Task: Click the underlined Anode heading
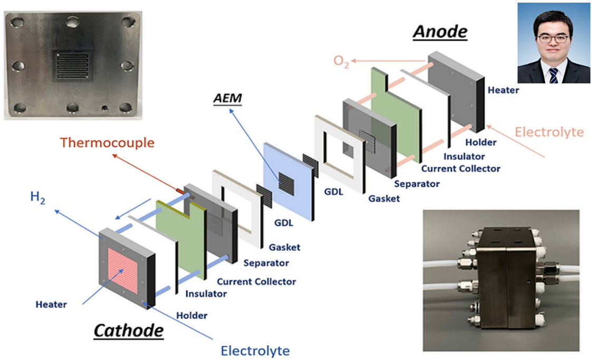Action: [x=440, y=32]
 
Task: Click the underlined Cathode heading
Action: [x=128, y=331]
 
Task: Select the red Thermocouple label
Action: [x=107, y=143]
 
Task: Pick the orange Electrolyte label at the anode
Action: [x=549, y=131]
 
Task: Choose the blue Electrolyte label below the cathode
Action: [x=255, y=350]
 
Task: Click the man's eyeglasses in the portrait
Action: [x=553, y=39]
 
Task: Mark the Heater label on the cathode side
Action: [x=51, y=305]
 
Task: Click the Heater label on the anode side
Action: [x=503, y=90]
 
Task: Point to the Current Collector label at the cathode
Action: [x=256, y=282]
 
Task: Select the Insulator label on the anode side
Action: [x=464, y=156]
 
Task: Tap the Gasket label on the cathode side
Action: [x=284, y=247]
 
